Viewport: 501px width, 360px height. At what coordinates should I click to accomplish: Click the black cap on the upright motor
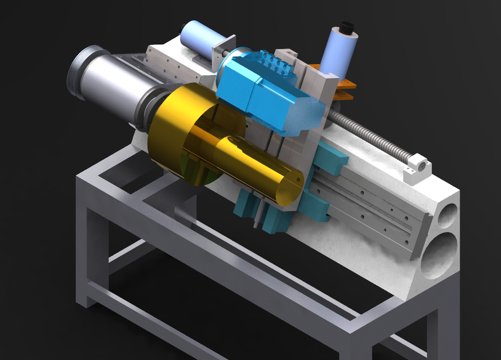(x=345, y=26)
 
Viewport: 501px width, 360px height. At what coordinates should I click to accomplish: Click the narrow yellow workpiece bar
(x=253, y=169)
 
